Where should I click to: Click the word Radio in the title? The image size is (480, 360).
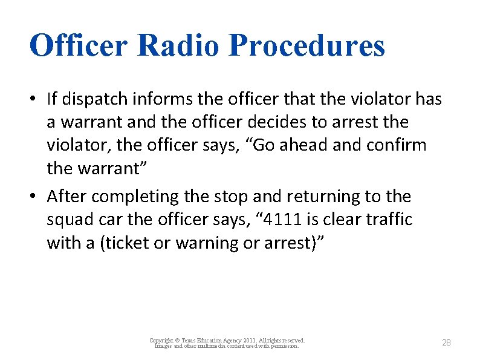pos(180,45)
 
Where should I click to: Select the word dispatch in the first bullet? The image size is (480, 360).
pos(92,99)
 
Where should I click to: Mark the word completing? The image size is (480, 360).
pos(130,197)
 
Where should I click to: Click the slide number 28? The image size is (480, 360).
pos(446,343)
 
